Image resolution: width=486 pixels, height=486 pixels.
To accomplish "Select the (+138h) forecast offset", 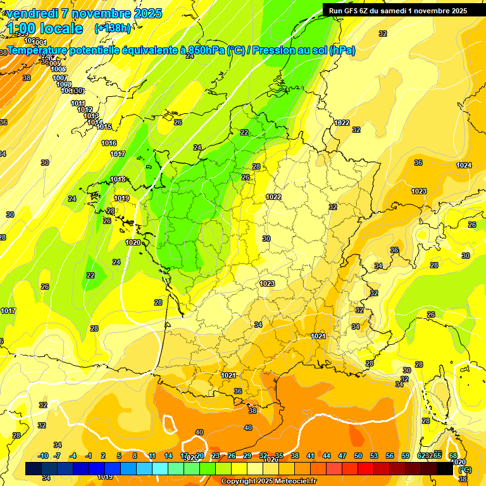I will pos(113,28).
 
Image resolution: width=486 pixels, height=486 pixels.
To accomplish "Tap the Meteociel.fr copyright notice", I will pos(269,482).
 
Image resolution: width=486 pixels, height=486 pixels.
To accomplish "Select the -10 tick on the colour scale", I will pos(43,456).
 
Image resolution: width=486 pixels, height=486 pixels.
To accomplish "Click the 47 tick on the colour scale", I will pos(342,456).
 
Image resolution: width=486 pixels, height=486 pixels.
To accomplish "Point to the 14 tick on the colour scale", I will pos(168,456).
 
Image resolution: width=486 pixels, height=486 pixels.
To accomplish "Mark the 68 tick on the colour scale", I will pos(452,456).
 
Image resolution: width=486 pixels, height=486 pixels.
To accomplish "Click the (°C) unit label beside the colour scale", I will pos(464,470).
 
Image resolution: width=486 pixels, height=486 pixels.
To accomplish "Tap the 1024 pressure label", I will pos(464,165).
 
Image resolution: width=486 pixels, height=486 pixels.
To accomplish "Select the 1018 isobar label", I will pos(118,179).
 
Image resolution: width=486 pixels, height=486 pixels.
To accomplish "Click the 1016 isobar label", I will pos(109,143).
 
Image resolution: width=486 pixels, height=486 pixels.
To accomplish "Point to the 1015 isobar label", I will pos(104,127).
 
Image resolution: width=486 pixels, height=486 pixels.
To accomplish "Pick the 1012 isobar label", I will pos(85,109).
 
